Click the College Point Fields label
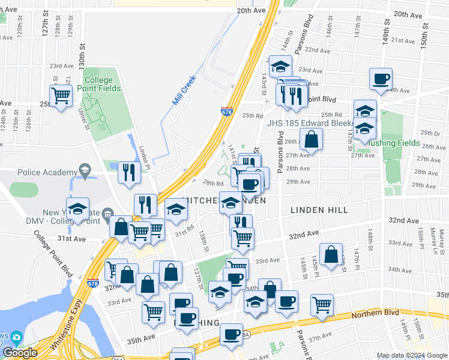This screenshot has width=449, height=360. point(102,84)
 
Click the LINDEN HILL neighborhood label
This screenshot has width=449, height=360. point(319,210)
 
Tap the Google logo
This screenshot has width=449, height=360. point(20,353)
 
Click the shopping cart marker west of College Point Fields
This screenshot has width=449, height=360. point(61,95)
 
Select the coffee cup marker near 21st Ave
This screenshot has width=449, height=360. point(381,79)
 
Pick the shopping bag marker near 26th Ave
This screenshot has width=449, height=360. point(312,140)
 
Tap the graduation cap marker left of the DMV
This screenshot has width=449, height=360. point(77,209)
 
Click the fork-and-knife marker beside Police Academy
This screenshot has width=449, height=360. point(130,173)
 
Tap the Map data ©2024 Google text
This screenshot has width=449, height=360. point(412,355)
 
